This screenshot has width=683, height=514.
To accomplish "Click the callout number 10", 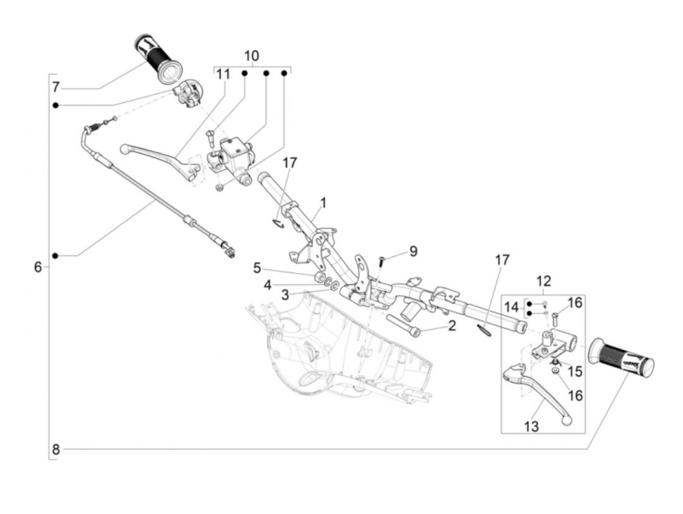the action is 251,56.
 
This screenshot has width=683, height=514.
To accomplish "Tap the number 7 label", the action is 56,87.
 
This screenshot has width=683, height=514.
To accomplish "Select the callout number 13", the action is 531,427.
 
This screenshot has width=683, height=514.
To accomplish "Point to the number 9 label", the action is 413,251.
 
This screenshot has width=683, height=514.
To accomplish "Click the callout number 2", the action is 452,326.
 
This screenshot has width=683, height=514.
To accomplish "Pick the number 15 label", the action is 575,371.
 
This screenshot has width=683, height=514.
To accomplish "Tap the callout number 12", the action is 543,281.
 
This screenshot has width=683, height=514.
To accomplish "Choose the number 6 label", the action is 38,267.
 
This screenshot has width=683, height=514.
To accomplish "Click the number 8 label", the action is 56,450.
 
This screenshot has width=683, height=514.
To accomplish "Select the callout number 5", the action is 257,268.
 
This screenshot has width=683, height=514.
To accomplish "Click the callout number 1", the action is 323,203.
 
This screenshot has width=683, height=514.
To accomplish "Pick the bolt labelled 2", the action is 404,325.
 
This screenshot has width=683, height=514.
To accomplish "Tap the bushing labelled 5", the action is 319,277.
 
